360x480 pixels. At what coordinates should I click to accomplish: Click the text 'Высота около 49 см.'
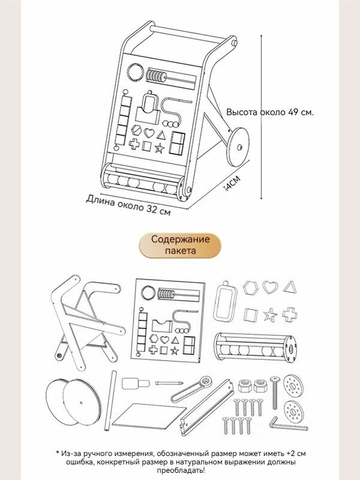[x=269, y=112]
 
